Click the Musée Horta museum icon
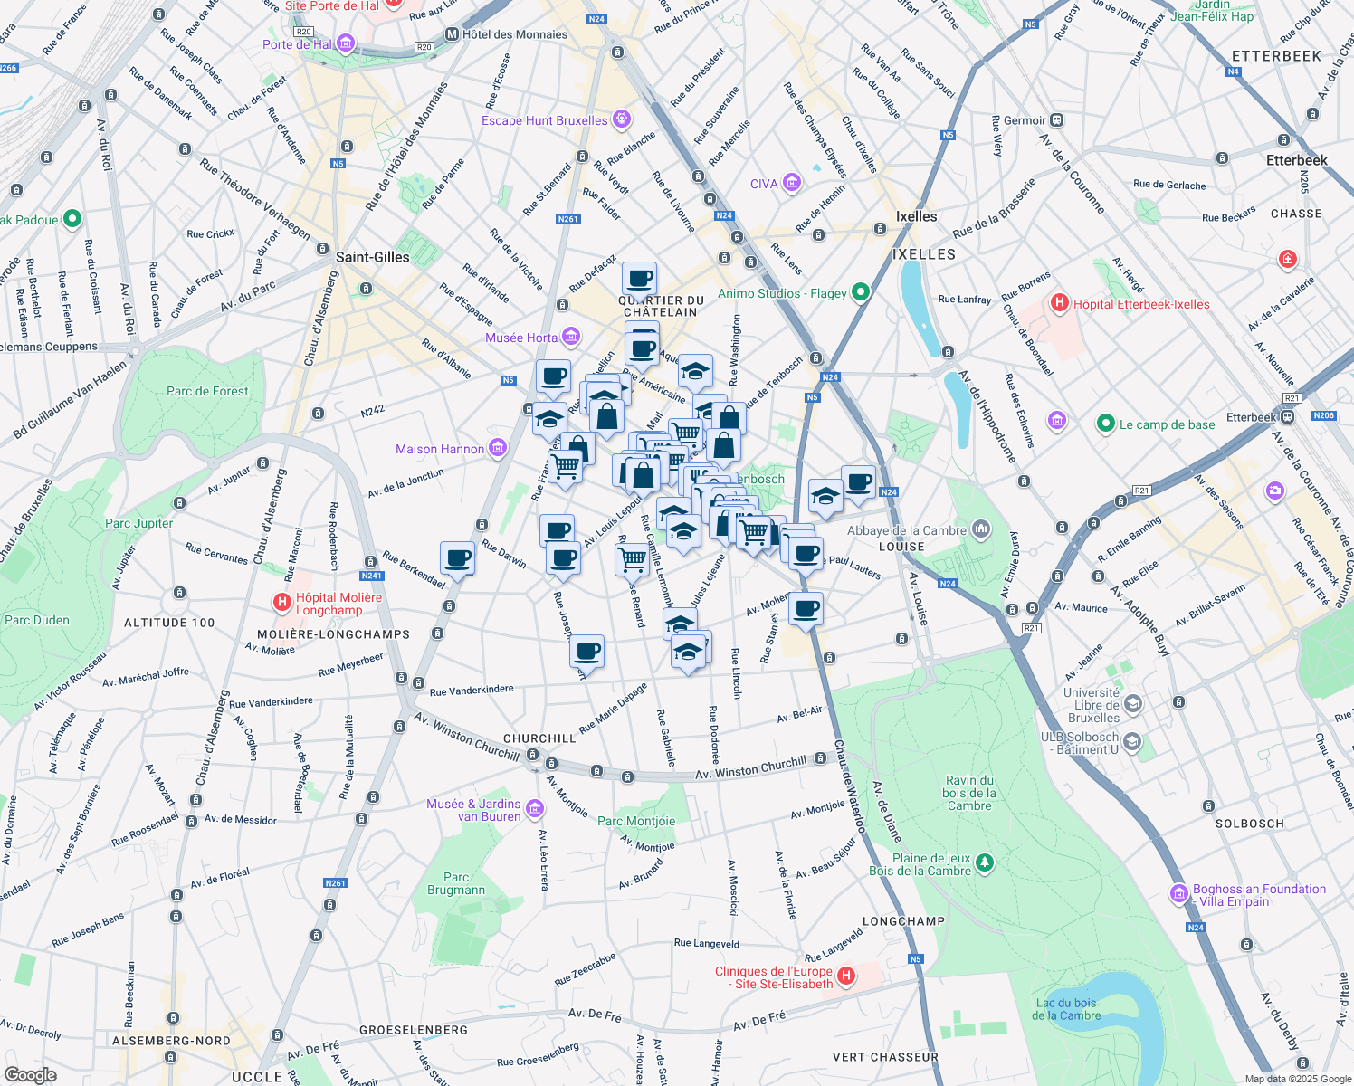click(x=570, y=338)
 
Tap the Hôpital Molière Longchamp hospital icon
click(x=282, y=602)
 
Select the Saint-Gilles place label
click(x=372, y=257)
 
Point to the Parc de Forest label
click(x=207, y=391)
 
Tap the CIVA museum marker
click(x=792, y=184)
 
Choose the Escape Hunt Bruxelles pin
click(x=621, y=119)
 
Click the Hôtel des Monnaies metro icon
click(x=452, y=34)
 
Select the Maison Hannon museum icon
click(x=498, y=448)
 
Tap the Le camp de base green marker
click(x=1104, y=424)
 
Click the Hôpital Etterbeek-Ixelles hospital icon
click(x=1059, y=303)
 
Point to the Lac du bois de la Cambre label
click(x=1066, y=1009)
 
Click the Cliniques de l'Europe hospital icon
click(x=846, y=976)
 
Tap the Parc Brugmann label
click(x=456, y=883)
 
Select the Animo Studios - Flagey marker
click(x=861, y=292)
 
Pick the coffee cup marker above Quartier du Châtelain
click(x=639, y=279)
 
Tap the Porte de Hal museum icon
click(x=345, y=43)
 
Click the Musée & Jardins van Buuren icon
click(x=535, y=808)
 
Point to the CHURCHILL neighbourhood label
click(x=539, y=738)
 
